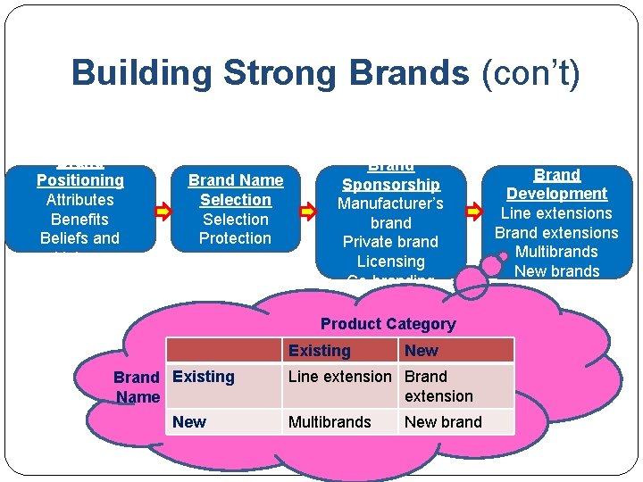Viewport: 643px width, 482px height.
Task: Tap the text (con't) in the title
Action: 530,72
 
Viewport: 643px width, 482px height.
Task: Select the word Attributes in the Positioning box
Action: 79,200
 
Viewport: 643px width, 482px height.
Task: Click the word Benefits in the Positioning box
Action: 79,220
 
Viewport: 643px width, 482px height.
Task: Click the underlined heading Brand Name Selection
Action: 236,190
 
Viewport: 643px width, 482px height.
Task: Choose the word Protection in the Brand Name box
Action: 236,238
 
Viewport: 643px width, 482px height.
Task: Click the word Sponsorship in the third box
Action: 391,185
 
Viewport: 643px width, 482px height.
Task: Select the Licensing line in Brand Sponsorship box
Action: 391,262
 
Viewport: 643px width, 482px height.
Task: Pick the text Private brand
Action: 391,242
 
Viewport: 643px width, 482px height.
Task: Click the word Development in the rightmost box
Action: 556,194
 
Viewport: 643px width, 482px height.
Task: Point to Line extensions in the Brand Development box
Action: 556,213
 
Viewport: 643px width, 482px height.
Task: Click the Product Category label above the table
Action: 388,324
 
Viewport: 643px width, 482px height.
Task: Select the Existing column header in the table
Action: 320,351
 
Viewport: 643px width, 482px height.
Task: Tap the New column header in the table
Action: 422,351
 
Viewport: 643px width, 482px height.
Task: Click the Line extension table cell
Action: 339,377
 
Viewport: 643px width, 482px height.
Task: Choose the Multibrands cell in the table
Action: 330,422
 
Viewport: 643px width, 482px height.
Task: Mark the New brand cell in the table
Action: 443,422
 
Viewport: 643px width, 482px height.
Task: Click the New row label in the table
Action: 189,422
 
